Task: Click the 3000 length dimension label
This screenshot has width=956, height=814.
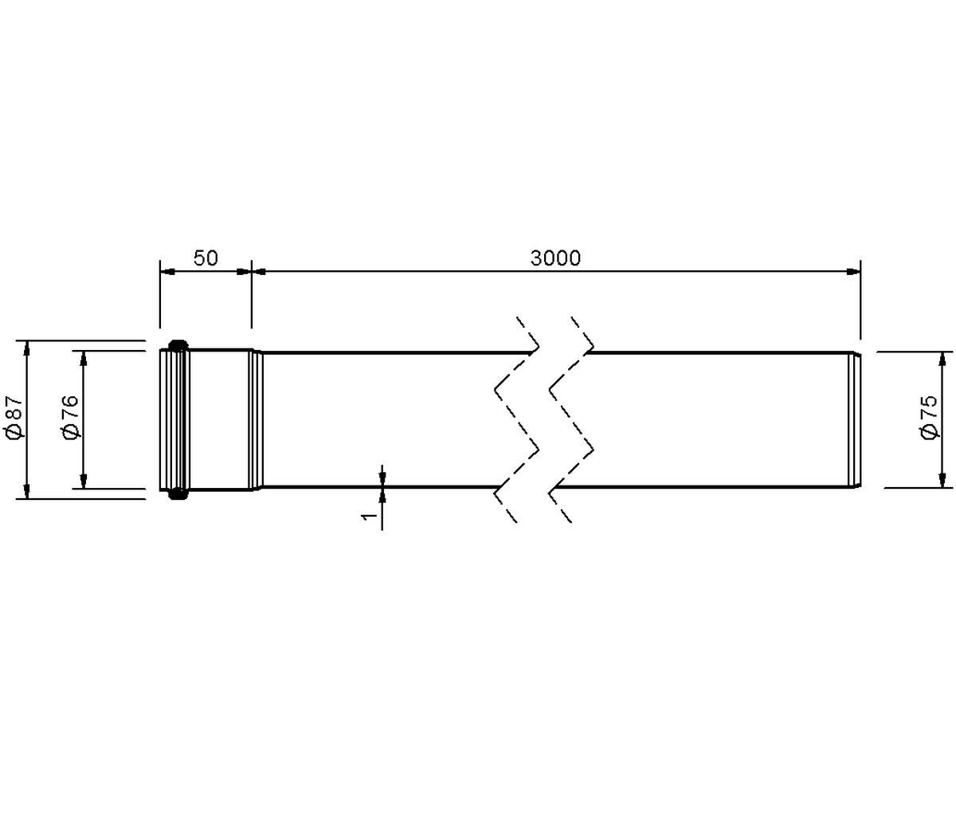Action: (x=555, y=258)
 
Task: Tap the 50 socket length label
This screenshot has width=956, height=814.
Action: (x=206, y=258)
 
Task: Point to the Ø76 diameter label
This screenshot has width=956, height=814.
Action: (x=70, y=416)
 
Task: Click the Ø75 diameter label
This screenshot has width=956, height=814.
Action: (x=929, y=416)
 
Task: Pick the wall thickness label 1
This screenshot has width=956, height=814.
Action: (x=369, y=516)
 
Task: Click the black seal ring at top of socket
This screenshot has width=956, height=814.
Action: (x=178, y=344)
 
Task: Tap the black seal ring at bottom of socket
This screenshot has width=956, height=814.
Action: (x=178, y=494)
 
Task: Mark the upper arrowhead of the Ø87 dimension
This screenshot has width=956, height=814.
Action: (x=26, y=348)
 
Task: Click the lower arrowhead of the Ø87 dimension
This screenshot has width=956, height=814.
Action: (x=26, y=491)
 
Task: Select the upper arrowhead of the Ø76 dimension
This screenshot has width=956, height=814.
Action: (x=84, y=358)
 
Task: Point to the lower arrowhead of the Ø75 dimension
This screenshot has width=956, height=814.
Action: (x=942, y=480)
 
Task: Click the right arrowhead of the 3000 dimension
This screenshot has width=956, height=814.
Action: (x=853, y=272)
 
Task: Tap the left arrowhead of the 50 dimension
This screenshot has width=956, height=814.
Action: (x=167, y=272)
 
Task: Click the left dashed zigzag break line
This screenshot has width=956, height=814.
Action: (x=517, y=419)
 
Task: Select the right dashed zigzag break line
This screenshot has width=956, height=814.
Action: (x=572, y=419)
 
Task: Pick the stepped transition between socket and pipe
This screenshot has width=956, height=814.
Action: (x=256, y=419)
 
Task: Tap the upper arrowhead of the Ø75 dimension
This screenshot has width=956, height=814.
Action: (x=942, y=359)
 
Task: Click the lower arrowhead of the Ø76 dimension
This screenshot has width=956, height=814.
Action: (x=84, y=481)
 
